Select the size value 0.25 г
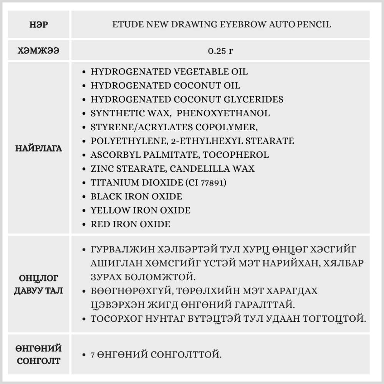tap(220, 51)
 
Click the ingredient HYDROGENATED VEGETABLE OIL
tap(169, 72)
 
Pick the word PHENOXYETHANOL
tap(223, 113)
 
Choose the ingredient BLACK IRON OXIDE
tap(136, 197)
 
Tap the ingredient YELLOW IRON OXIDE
tap(140, 210)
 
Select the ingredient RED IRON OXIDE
tap(130, 224)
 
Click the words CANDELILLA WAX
tap(212, 169)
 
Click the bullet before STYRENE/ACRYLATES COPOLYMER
tap(84, 127)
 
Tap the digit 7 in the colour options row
tap(93, 354)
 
